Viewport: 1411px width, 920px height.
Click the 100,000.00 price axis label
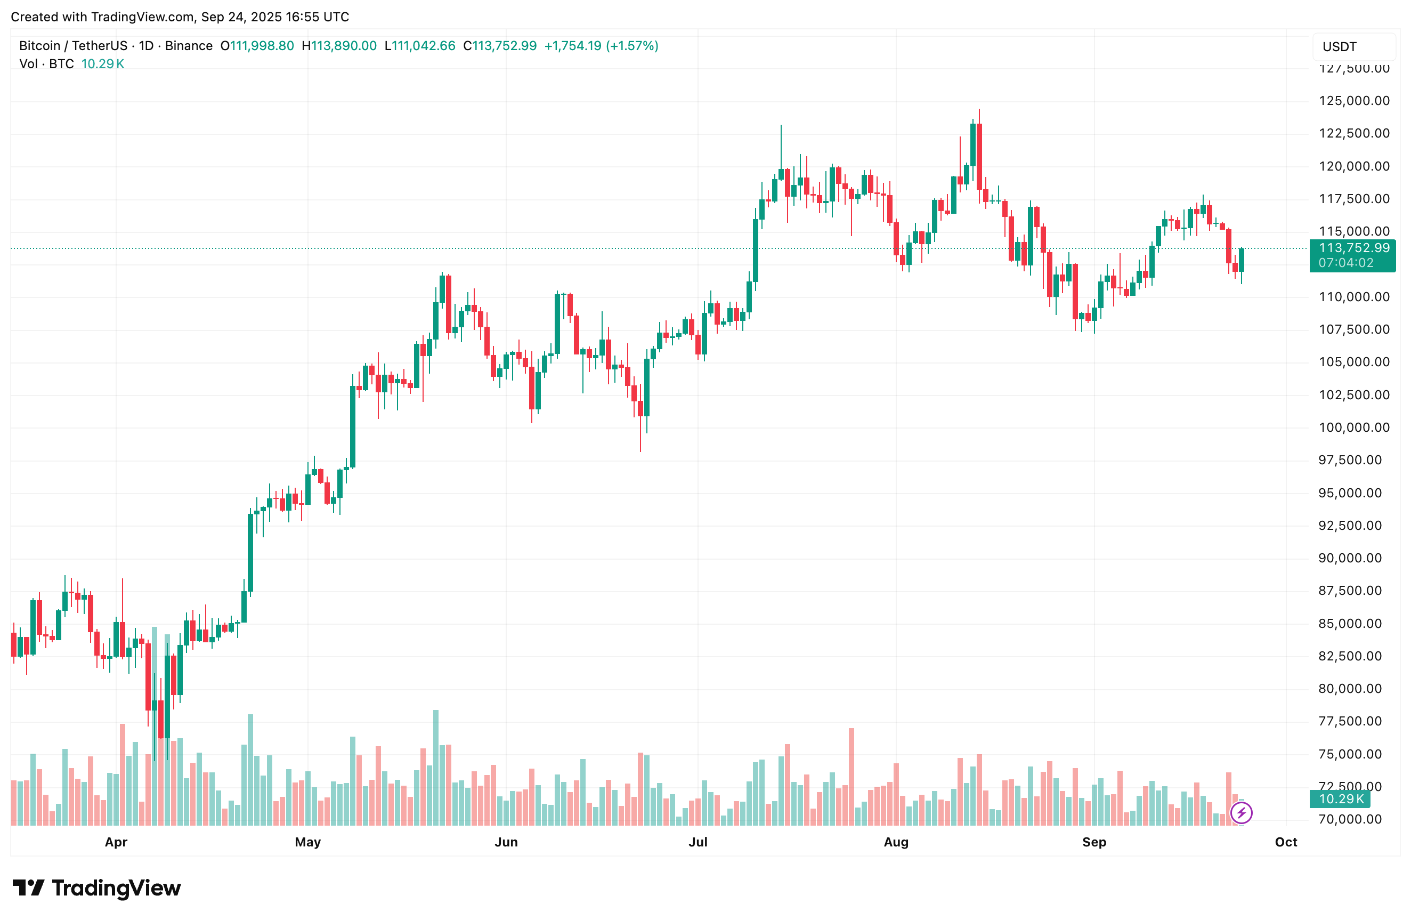tap(1353, 427)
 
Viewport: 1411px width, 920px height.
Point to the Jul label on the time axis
tap(698, 842)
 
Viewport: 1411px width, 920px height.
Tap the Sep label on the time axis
tap(1094, 842)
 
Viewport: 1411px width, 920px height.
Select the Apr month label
tap(116, 842)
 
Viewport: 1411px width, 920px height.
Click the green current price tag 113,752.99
tap(1353, 248)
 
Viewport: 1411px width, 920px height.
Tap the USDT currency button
tap(1340, 47)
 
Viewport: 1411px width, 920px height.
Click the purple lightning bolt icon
tap(1242, 812)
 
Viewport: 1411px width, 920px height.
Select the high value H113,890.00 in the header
tap(339, 46)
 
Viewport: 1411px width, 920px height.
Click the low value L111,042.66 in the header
tap(420, 46)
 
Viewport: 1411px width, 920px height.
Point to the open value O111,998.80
tap(257, 46)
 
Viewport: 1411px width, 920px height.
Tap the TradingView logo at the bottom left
tap(96, 888)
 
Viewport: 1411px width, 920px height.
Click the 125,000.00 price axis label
tap(1353, 101)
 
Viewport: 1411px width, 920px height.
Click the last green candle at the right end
tap(1242, 260)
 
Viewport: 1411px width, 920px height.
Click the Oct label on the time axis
tap(1285, 842)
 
